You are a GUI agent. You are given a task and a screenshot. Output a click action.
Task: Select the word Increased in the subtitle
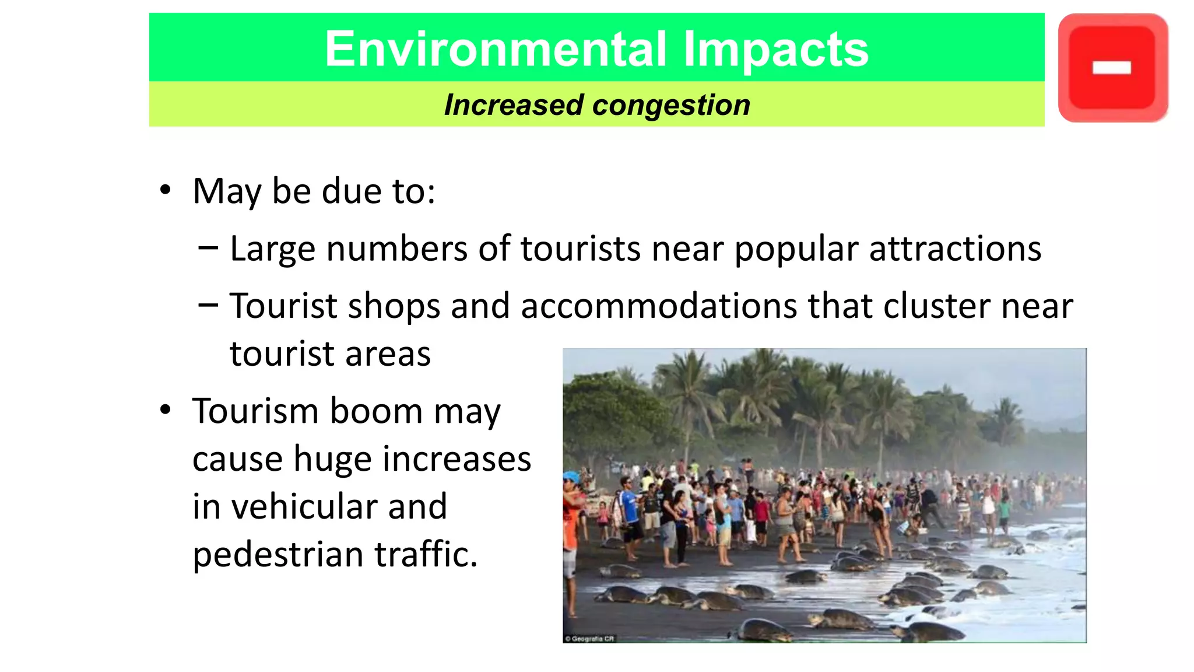click(x=513, y=106)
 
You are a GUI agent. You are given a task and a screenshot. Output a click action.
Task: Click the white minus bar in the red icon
click(x=1112, y=68)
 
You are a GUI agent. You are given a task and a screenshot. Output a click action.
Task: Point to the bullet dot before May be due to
click(x=166, y=190)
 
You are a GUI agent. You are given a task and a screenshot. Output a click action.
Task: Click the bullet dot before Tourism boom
click(x=166, y=410)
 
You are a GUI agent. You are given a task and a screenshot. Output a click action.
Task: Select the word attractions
click(x=955, y=249)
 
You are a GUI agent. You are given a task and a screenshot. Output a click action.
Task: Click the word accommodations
click(x=659, y=306)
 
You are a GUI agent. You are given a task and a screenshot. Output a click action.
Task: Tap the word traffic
click(x=426, y=554)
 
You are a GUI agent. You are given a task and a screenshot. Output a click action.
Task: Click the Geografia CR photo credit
click(x=590, y=639)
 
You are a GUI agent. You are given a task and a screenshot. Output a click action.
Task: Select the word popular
click(x=796, y=249)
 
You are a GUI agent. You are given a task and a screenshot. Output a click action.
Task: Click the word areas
click(x=388, y=354)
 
